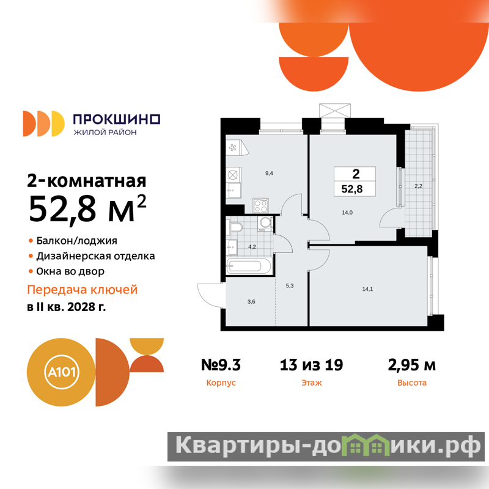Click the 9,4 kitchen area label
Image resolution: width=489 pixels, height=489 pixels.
coord(269,174)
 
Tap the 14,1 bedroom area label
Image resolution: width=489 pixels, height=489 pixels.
coord(367,289)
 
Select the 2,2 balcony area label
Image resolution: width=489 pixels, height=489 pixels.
coord(418,186)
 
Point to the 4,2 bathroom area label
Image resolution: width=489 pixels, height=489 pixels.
coord(252,247)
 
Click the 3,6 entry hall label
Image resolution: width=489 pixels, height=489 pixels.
coord(251,301)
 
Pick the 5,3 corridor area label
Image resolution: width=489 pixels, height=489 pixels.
coord(289,285)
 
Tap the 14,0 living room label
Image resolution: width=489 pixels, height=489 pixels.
coord(347,213)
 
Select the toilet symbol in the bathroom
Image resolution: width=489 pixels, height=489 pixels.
coord(236,227)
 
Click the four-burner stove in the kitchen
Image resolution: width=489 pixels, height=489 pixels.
coord(261,205)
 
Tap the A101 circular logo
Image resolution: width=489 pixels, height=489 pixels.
coord(62,372)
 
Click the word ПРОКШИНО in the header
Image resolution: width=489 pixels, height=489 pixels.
coord(116,119)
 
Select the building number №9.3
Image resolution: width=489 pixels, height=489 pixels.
coord(221,365)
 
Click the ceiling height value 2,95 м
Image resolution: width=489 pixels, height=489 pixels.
coord(411,365)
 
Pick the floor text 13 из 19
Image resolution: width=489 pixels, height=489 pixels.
coord(311,365)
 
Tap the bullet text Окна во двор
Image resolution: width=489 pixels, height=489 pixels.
coord(70,271)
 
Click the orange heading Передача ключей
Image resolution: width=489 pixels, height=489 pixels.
coord(83,290)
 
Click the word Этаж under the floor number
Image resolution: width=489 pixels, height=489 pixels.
coord(312,383)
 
